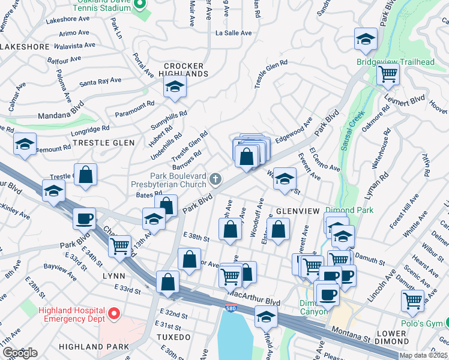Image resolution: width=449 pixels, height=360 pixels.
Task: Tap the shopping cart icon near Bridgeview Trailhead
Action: tap(388, 74)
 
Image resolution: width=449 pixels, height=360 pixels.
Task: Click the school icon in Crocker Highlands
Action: tap(175, 88)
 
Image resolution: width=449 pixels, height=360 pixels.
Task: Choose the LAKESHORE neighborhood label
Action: tap(24, 46)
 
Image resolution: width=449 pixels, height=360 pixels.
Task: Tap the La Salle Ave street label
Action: tap(234, 32)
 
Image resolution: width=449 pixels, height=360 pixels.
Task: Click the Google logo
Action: tap(20, 353)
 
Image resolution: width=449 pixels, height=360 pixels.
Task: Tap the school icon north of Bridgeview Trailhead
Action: tap(365, 40)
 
